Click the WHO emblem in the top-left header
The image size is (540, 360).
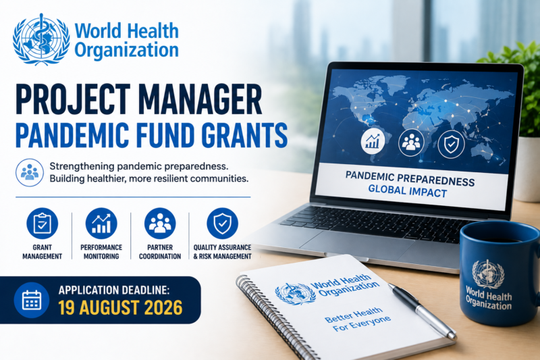pyautogui.click(x=41, y=39)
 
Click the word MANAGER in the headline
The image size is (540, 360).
pyautogui.click(x=200, y=99)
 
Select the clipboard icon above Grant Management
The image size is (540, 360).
pyautogui.click(x=42, y=224)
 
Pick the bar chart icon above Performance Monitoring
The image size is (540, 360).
pyautogui.click(x=101, y=224)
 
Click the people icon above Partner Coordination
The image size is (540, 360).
pyautogui.click(x=160, y=224)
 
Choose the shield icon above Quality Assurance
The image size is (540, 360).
pyautogui.click(x=223, y=224)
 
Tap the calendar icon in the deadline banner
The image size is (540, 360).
pyautogui.click(x=32, y=300)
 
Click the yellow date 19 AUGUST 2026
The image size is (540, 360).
pyautogui.click(x=120, y=307)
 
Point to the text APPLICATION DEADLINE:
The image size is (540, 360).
pyautogui.click(x=114, y=290)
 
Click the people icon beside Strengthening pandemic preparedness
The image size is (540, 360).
pyautogui.click(x=30, y=173)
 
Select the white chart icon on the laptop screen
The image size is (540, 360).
pyautogui.click(x=373, y=141)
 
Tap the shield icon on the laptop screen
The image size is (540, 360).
pyautogui.click(x=451, y=145)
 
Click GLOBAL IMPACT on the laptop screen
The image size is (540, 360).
pyautogui.click(x=408, y=191)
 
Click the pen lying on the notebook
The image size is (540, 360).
pyautogui.click(x=423, y=311)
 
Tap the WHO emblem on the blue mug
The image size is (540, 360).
pyautogui.click(x=488, y=274)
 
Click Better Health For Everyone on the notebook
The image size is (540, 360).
pyautogui.click(x=358, y=319)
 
